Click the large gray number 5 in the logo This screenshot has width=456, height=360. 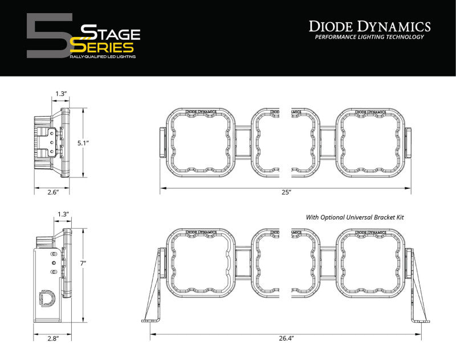point(48,35)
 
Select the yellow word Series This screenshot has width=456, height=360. point(106,47)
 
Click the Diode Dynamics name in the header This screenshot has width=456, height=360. point(369,25)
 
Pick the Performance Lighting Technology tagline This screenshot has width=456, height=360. point(369,37)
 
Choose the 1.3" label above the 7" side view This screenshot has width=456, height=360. point(63,214)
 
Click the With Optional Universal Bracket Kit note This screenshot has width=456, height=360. point(359,217)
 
